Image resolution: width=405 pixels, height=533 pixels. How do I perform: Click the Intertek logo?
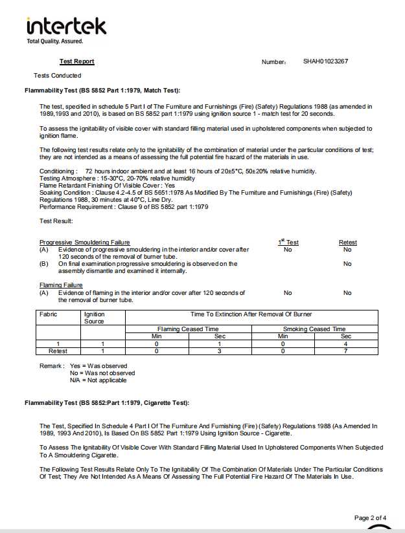click(65, 27)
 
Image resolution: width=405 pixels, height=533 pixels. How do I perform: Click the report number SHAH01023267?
click(325, 61)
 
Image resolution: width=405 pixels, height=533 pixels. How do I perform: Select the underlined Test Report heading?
click(77, 61)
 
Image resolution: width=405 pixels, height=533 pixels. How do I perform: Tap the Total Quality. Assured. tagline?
click(54, 41)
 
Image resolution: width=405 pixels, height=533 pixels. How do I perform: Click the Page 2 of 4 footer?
click(371, 517)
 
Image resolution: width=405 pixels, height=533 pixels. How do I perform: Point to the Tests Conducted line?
click(58, 76)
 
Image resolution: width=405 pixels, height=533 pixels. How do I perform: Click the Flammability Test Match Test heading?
click(102, 90)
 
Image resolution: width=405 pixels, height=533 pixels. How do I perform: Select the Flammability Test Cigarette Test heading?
click(107, 403)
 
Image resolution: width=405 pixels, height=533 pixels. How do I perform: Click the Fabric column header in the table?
click(49, 314)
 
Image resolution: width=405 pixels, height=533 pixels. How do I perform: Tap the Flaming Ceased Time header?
click(188, 329)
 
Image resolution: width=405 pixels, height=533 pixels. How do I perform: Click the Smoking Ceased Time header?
click(314, 329)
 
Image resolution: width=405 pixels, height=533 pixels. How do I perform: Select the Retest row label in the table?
click(58, 351)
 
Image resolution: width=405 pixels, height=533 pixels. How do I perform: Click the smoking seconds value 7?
click(346, 351)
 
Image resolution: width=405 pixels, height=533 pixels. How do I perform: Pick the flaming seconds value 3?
click(220, 351)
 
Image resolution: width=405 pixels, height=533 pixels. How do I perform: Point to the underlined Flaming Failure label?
click(61, 285)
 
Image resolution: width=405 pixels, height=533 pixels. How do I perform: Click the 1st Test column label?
click(288, 242)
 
